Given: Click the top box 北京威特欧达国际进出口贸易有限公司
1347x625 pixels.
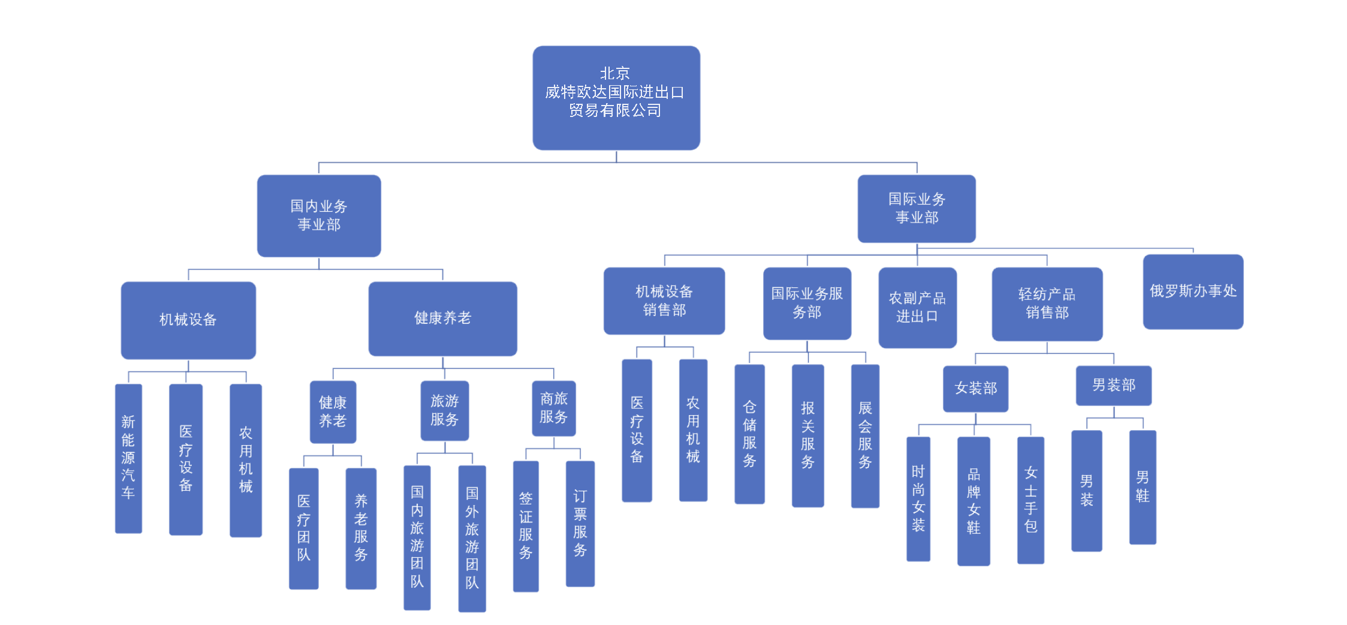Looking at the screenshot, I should click(616, 97).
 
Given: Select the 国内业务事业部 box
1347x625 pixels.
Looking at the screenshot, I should click(318, 215).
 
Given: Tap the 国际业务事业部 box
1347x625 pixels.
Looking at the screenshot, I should click(916, 208).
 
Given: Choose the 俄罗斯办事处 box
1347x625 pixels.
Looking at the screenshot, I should click(1192, 292).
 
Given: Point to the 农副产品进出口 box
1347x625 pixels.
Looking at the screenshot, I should click(917, 307).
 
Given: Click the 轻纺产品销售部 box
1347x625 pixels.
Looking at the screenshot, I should click(1047, 304).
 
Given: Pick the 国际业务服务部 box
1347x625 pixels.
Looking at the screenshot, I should click(806, 303).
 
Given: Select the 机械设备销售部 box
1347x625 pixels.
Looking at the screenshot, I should click(664, 301).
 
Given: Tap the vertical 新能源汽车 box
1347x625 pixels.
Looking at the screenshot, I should click(128, 458).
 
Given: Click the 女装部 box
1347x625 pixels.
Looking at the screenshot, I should click(975, 389).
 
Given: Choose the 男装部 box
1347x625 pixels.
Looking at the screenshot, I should click(1113, 385).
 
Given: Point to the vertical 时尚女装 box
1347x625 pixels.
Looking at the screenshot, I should click(918, 498).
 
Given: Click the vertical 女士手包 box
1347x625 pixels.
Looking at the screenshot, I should click(1030, 500).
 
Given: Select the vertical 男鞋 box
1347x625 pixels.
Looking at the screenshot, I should click(1142, 486).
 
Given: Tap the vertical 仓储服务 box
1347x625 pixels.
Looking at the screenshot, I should click(749, 434).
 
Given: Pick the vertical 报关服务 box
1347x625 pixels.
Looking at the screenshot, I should click(807, 435).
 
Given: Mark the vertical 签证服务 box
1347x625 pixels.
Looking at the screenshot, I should click(525, 525).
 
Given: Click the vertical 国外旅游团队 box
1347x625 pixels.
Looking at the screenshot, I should click(472, 538).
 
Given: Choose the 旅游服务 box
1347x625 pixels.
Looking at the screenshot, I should click(444, 410).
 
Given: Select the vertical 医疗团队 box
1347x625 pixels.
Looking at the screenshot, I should click(303, 528).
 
